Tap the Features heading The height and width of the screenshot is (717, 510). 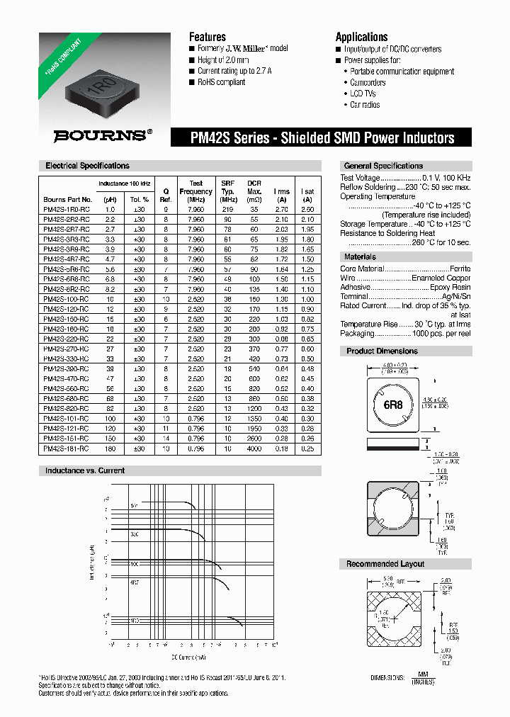pyautogui.click(x=207, y=37)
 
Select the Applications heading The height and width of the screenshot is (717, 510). pyautogui.click(x=361, y=37)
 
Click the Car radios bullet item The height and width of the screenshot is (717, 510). pyautogui.click(x=365, y=105)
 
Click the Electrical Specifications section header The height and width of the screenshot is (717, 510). pyautogui.click(x=87, y=166)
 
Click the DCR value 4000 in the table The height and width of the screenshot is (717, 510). pyautogui.click(x=254, y=449)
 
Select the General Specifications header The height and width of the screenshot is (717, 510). pyautogui.click(x=383, y=166)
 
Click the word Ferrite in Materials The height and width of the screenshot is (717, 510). pyautogui.click(x=459, y=269)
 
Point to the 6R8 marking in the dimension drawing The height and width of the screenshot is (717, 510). pyautogui.click(x=394, y=406)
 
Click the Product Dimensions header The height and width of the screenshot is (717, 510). pyautogui.click(x=382, y=351)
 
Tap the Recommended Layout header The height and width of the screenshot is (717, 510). pyautogui.click(x=385, y=564)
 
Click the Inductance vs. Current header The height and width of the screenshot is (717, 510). pyautogui.click(x=84, y=470)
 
